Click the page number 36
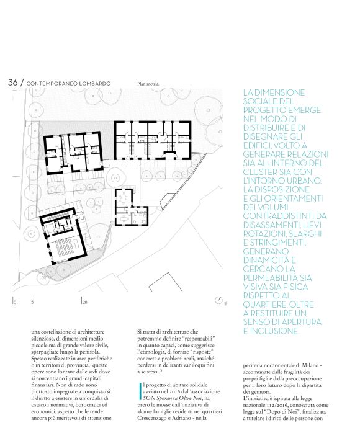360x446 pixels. (x=13, y=83)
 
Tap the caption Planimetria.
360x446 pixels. (x=148, y=84)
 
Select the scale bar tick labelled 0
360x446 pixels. (x=14, y=301)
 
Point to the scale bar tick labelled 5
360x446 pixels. (x=32, y=301)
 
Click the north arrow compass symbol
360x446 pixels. (x=218, y=300)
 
